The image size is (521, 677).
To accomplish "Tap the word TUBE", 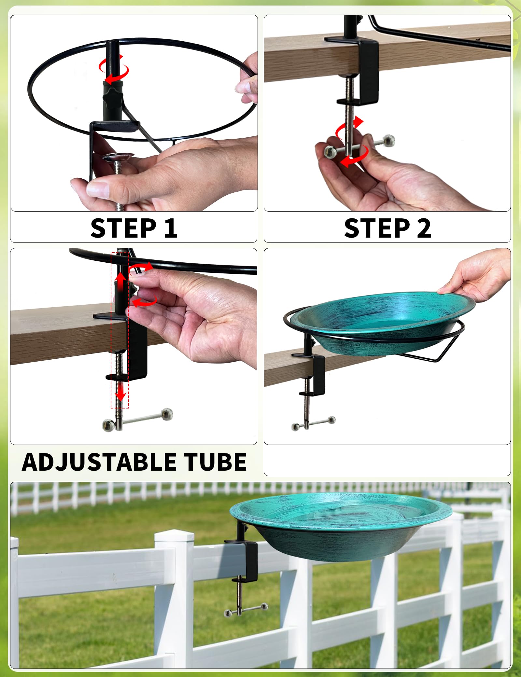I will (x=215, y=462).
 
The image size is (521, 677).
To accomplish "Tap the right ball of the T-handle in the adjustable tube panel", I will (x=167, y=414).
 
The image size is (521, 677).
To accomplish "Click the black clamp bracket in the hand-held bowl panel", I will (x=317, y=371).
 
